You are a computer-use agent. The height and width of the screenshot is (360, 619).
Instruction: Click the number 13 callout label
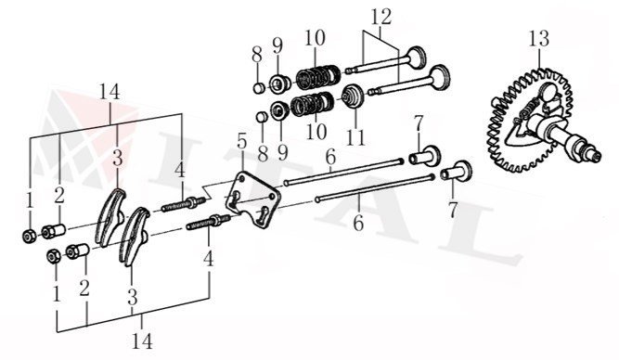pyautogui.click(x=538, y=39)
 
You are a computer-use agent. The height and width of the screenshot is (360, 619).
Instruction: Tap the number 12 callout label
pyautogui.click(x=380, y=17)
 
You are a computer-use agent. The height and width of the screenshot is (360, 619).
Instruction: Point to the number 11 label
pyautogui.click(x=355, y=136)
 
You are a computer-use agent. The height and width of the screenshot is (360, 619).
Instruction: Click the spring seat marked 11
pyautogui.click(x=352, y=96)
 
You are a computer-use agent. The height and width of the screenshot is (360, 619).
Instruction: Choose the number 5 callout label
pyautogui.click(x=241, y=143)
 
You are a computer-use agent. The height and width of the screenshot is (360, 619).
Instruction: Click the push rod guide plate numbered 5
pyautogui.click(x=252, y=200)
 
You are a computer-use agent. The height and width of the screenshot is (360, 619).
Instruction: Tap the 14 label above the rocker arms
pyautogui.click(x=110, y=93)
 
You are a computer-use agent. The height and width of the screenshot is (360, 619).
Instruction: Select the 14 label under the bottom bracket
pyautogui.click(x=142, y=341)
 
